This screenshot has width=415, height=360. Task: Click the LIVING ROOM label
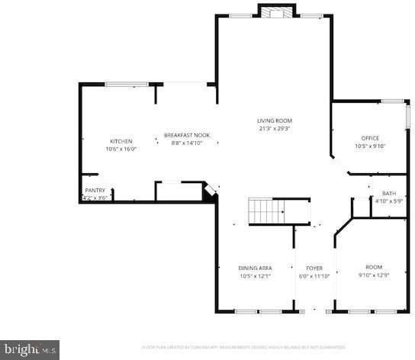click(x=275, y=121)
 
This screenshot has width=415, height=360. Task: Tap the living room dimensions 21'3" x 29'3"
click(x=275, y=129)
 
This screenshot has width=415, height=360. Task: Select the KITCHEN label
click(x=121, y=141)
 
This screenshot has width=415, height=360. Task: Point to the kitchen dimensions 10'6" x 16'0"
click(x=121, y=149)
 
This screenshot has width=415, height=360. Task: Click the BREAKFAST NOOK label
click(x=187, y=135)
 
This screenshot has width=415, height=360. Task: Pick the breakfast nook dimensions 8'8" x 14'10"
click(x=187, y=143)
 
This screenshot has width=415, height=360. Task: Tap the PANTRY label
click(x=95, y=190)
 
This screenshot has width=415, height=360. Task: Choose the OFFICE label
click(x=370, y=138)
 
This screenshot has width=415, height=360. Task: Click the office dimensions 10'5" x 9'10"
click(x=370, y=146)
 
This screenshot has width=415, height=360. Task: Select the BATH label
click(x=389, y=194)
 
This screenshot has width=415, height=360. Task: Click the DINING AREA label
click(x=256, y=268)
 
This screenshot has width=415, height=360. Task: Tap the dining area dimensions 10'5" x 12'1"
click(x=256, y=276)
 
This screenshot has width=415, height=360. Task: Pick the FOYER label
click(x=314, y=268)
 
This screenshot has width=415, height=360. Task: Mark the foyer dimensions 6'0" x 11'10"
click(x=314, y=276)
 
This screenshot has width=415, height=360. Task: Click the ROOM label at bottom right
click(x=374, y=267)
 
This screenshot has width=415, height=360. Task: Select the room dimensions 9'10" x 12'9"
click(x=374, y=275)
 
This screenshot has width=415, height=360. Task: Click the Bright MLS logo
click(x=29, y=350)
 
